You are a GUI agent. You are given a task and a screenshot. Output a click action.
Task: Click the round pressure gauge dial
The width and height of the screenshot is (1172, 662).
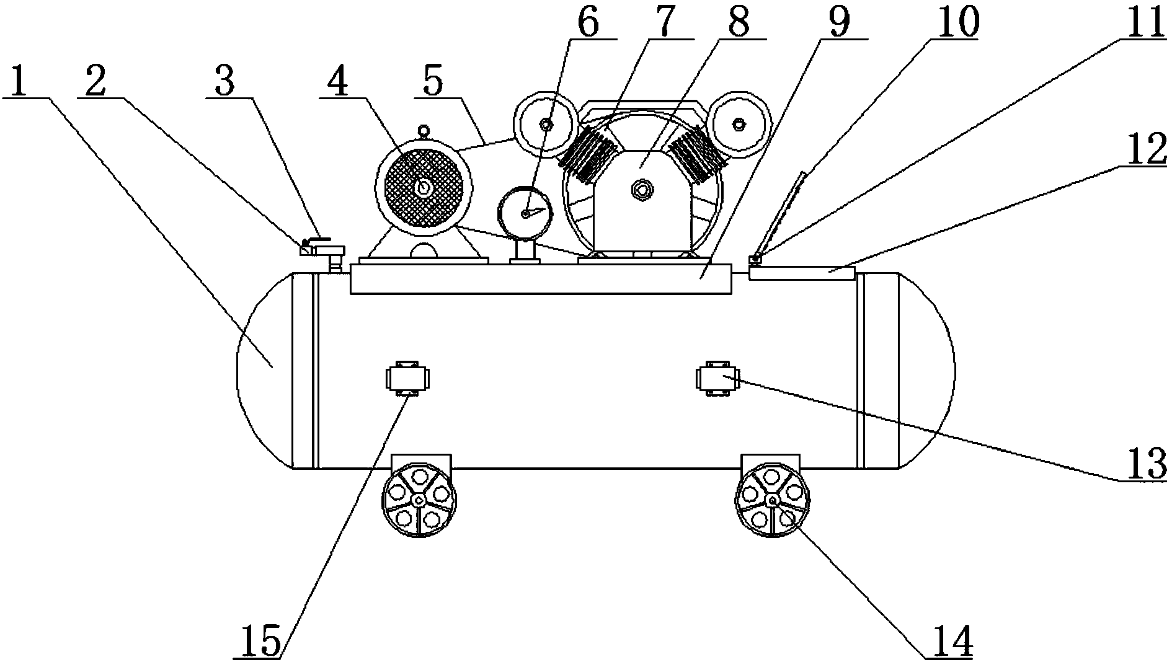pos(525,213)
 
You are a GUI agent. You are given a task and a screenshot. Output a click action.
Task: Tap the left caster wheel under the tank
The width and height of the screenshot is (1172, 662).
pos(419,500)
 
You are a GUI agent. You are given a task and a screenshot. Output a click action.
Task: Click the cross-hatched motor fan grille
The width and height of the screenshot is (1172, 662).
pos(424,187)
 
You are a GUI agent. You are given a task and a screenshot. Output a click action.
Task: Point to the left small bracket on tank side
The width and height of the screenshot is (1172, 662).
pos(407,377)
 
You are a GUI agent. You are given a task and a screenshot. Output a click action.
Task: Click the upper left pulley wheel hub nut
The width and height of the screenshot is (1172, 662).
pos(546,124)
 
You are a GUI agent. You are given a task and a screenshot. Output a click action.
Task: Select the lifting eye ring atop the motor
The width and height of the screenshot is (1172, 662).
pos(424,130)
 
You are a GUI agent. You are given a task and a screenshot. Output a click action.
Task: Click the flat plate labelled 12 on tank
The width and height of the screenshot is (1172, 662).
pos(801,273)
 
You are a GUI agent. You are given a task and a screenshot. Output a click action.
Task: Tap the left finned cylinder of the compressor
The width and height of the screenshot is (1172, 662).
pos(589,152)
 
